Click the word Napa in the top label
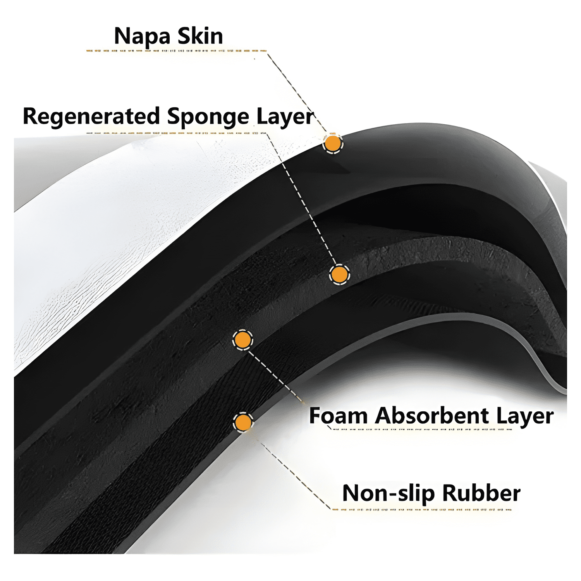coord(142,37)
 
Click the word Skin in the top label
coord(200,36)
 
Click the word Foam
coord(338,416)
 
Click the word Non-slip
coord(388,494)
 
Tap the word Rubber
coord(481,493)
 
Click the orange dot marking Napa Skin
coord(333,144)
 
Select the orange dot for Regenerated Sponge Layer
coord(339,275)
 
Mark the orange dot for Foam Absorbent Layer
coord(242,340)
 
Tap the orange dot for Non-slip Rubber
coord(243,423)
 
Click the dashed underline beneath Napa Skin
coord(176,51)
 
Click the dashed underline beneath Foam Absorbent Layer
coord(422,429)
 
